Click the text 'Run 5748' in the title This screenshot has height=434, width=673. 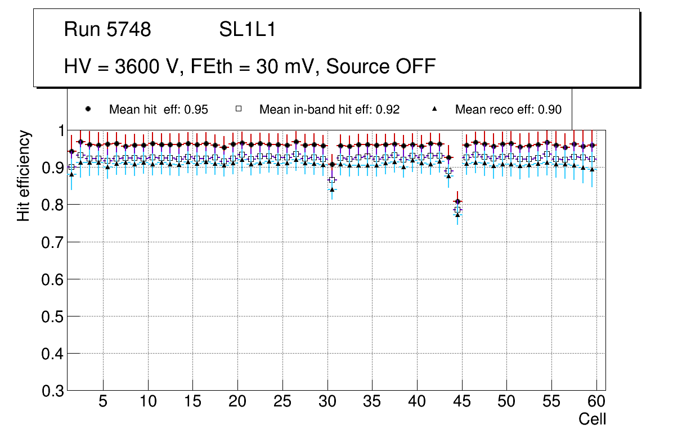pos(107,30)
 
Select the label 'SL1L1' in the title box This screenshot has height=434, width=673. pos(248,30)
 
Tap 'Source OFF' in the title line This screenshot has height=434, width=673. pos(381,66)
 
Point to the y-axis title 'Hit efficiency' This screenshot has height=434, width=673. pos(23,175)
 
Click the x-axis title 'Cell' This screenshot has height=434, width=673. pos(593,419)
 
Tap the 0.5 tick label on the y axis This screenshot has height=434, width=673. pos(53,317)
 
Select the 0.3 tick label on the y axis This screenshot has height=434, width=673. pos(53,391)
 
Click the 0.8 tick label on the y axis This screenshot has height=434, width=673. pos(53,205)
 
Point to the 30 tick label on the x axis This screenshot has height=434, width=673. pos(327,401)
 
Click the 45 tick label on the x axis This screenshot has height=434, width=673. pos(462,401)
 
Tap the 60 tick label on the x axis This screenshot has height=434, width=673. pos(596,401)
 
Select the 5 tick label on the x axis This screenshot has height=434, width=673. pos(103,401)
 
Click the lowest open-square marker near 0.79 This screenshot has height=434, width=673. pos(457,210)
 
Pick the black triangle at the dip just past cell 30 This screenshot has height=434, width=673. pos(332,189)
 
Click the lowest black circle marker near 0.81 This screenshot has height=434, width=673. pos(457,201)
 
